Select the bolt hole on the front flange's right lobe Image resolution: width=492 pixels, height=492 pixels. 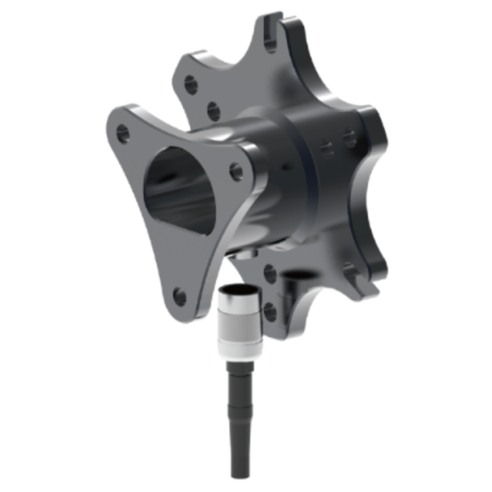[x=236, y=171]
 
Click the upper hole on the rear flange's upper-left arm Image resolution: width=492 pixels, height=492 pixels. [x=191, y=85]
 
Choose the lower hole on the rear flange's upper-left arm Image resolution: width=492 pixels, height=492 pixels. [x=213, y=112]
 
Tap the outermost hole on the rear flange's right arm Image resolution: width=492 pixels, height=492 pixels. [x=350, y=138]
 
